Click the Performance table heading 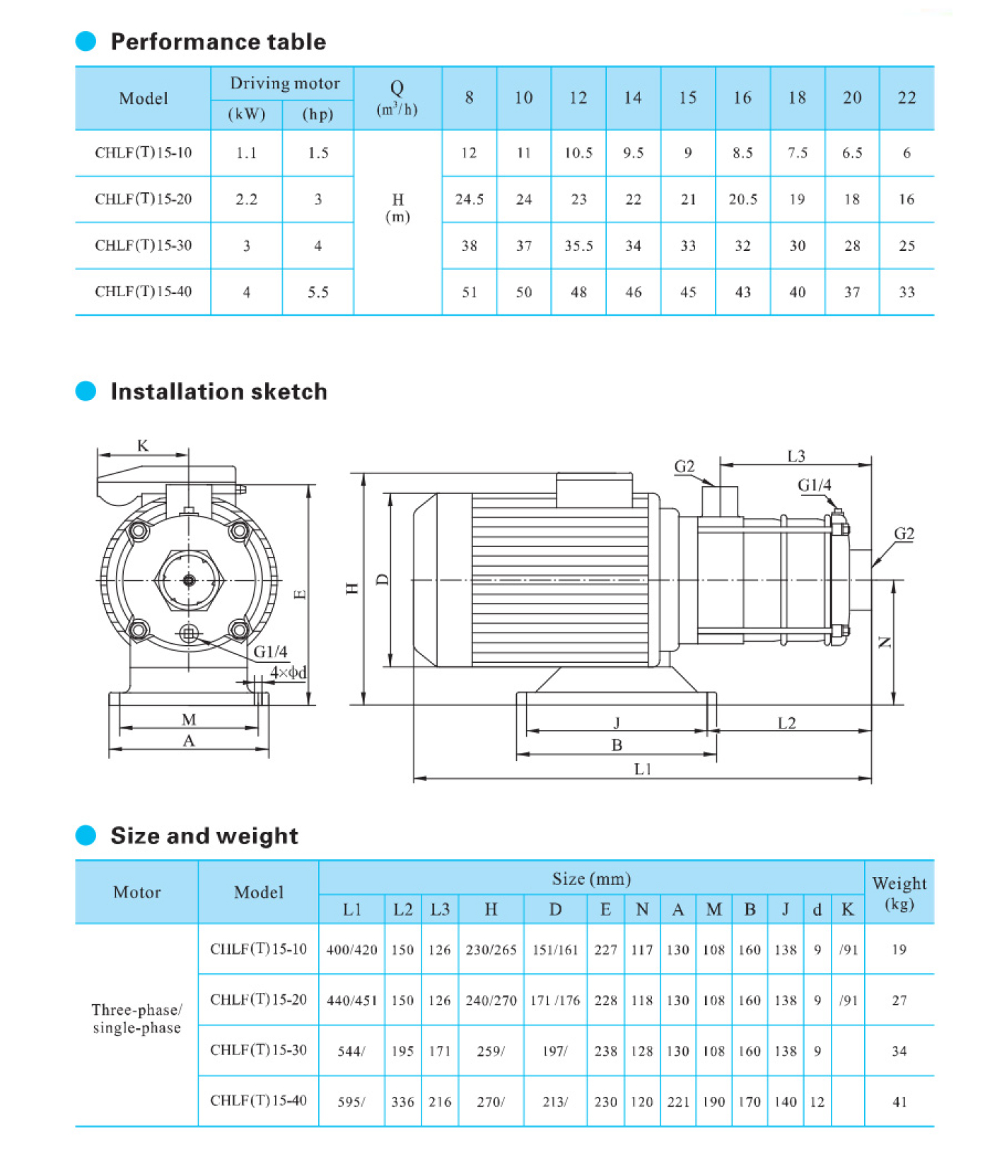coord(218,42)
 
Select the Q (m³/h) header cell coord(397,98)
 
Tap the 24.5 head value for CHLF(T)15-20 coord(470,199)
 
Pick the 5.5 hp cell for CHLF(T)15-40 coord(318,292)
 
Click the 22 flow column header coord(907,98)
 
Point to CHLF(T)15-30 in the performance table coord(144,245)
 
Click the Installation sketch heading coord(219,392)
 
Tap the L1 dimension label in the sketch coord(642,769)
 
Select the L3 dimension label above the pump coord(796,457)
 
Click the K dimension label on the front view coord(143,446)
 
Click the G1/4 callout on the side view coord(814,486)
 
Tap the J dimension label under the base coord(617,722)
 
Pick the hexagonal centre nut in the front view coord(189,580)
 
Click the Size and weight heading coord(204,835)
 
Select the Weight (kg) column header coord(899,893)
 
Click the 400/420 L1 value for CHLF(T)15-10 coord(351,950)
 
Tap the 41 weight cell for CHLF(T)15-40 coord(899,1102)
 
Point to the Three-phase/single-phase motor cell coord(136,1018)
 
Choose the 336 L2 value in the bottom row coord(402,1102)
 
